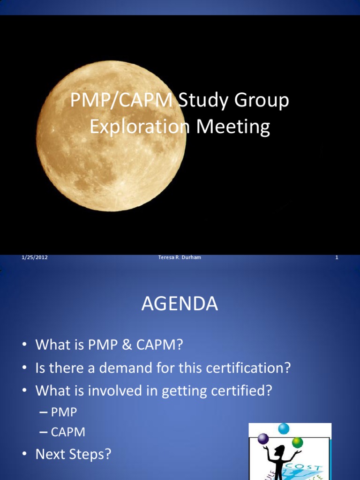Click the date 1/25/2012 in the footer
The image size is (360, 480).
pyautogui.click(x=35, y=257)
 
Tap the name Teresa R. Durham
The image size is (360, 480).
pyautogui.click(x=180, y=257)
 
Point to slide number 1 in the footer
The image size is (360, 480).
pyautogui.click(x=337, y=257)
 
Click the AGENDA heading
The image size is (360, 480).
pyautogui.click(x=180, y=304)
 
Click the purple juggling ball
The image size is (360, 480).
pyautogui.click(x=263, y=439)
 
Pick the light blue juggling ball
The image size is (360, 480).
pyautogui.click(x=284, y=428)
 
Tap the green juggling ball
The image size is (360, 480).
pyautogui.click(x=297, y=442)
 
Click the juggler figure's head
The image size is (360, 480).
pyautogui.click(x=279, y=451)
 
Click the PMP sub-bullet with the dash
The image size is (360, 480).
pyautogui.click(x=63, y=412)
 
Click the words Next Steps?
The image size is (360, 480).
pyautogui.click(x=73, y=454)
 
